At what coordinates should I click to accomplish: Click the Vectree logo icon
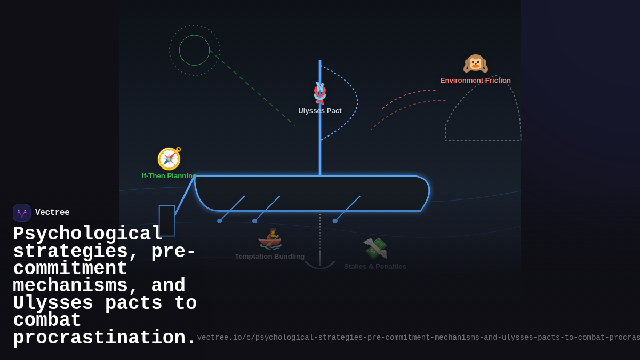click(x=22, y=213)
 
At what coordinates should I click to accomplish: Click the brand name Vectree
click(x=52, y=213)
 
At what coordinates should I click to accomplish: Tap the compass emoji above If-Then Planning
click(x=169, y=158)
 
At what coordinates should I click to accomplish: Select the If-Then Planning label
click(x=169, y=176)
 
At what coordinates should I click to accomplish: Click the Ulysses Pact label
click(x=320, y=111)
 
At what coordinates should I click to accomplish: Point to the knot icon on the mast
click(x=320, y=93)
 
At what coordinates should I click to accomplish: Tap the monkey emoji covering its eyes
click(x=475, y=63)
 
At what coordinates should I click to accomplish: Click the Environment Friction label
click(x=475, y=81)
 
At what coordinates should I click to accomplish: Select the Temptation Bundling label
click(x=270, y=257)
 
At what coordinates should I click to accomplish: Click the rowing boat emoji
click(x=270, y=239)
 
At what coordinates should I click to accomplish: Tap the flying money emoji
click(x=375, y=248)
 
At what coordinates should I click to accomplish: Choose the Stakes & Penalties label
click(x=375, y=267)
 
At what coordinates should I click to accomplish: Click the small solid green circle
click(x=194, y=50)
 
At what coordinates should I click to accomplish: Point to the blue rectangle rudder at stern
click(x=166, y=221)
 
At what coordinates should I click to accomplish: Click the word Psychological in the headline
click(x=87, y=234)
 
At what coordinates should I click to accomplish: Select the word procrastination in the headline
click(x=105, y=338)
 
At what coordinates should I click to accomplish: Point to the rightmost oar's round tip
click(x=335, y=221)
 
